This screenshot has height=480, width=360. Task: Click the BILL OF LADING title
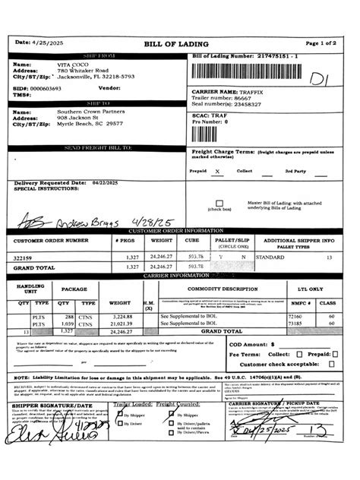(x=179, y=44)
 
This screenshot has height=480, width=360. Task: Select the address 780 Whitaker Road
(x=83, y=71)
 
